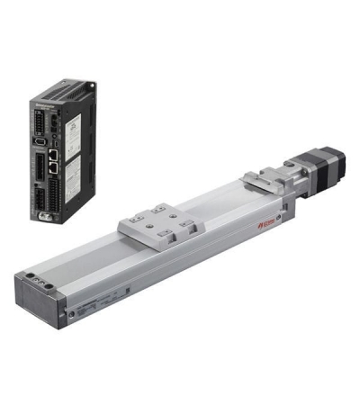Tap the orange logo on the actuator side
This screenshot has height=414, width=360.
pos(265,219)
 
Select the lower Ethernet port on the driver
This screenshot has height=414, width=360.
pos(55,168)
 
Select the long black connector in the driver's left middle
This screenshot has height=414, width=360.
pos(41,167)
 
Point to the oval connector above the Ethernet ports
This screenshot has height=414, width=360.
pos(41,141)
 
